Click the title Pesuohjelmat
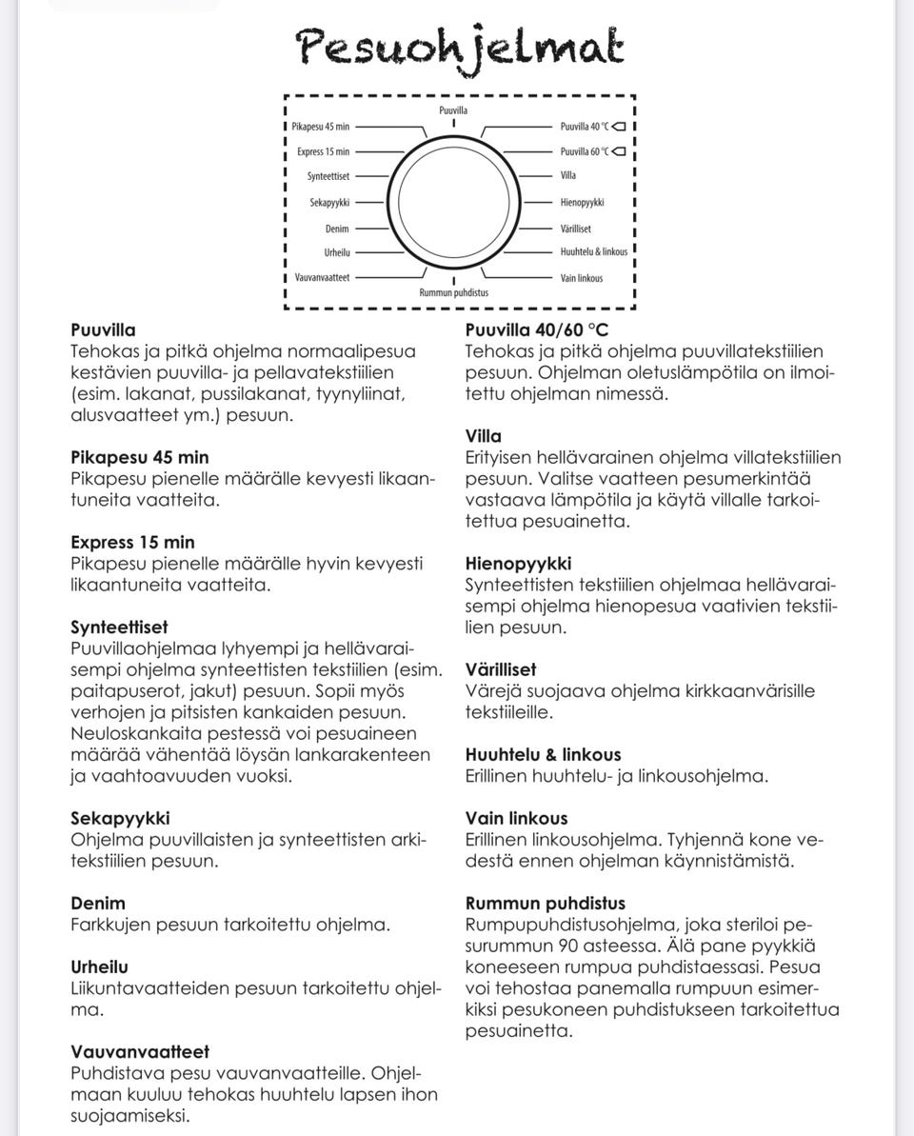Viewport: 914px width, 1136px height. [x=460, y=47]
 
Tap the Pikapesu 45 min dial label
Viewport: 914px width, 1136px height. [x=321, y=127]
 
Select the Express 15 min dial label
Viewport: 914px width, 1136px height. [x=323, y=151]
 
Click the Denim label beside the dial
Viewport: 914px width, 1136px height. [x=337, y=229]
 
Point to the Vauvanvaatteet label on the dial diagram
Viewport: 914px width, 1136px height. [x=322, y=277]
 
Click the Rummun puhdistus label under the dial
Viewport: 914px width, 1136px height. [x=454, y=292]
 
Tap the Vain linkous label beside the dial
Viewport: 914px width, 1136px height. [x=582, y=278]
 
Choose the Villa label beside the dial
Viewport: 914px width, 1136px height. [x=568, y=175]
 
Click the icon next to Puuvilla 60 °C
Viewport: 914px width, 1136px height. [x=619, y=150]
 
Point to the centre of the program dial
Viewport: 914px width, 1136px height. [x=454, y=205]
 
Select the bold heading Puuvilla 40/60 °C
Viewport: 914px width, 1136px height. [x=537, y=330]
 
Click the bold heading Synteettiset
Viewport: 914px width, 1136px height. [x=119, y=628]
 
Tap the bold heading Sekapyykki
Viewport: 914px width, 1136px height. [x=120, y=818]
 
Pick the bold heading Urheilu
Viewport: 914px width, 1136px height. [x=99, y=967]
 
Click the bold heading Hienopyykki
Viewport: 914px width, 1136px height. [x=518, y=564]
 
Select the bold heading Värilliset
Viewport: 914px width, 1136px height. [x=501, y=669]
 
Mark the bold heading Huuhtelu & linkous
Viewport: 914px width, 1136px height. [x=543, y=754]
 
